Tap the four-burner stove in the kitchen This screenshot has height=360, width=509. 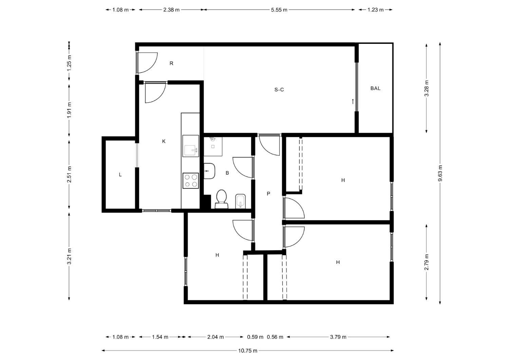(191, 181)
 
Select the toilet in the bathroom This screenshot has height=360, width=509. (222, 199)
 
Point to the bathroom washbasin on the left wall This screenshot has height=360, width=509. (209, 171)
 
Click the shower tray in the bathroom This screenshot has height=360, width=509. (213, 146)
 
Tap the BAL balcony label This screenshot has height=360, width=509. (375, 88)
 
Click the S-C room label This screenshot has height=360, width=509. (279, 90)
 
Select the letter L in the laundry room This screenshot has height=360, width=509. (120, 175)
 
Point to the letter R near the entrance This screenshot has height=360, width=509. (172, 63)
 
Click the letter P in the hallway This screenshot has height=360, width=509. (268, 194)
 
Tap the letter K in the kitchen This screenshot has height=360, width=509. (164, 142)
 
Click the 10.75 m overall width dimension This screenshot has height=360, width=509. (248, 351)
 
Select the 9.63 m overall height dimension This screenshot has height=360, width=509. (440, 173)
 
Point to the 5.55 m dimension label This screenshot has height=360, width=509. (279, 10)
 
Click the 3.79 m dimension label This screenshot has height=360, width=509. (338, 337)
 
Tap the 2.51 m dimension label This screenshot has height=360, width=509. (69, 175)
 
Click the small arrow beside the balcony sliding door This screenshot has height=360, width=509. (353, 102)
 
